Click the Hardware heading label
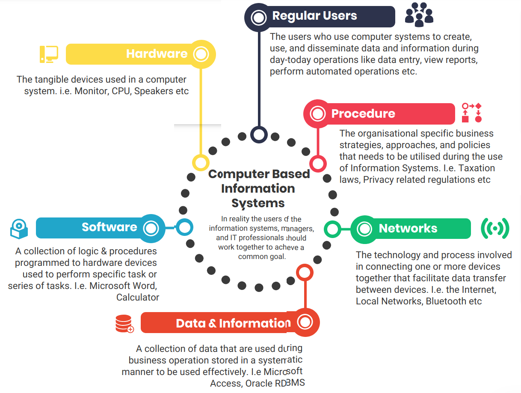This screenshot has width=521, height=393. (x=157, y=54)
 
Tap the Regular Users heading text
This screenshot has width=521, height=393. (x=314, y=16)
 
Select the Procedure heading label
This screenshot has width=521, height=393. (x=363, y=113)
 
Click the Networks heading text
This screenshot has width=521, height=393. (x=408, y=229)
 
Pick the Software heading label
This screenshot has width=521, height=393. (x=110, y=227)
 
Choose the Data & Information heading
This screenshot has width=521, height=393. (x=233, y=323)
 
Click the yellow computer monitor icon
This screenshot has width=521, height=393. (x=49, y=54)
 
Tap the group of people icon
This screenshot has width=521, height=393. (x=419, y=15)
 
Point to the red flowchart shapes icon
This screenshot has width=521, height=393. (x=471, y=113)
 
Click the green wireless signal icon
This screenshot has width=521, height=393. (x=495, y=228)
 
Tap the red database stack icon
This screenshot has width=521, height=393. (x=124, y=324)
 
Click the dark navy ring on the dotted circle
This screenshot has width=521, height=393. (x=259, y=134)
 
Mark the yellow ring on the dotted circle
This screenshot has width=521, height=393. (x=201, y=163)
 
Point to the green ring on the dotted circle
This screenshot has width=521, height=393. (x=332, y=229)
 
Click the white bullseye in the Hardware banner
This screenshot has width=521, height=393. (x=201, y=54)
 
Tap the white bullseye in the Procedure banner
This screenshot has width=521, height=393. (x=317, y=113)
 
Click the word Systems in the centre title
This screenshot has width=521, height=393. (x=258, y=203)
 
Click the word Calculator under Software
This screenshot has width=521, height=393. (x=138, y=297)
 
